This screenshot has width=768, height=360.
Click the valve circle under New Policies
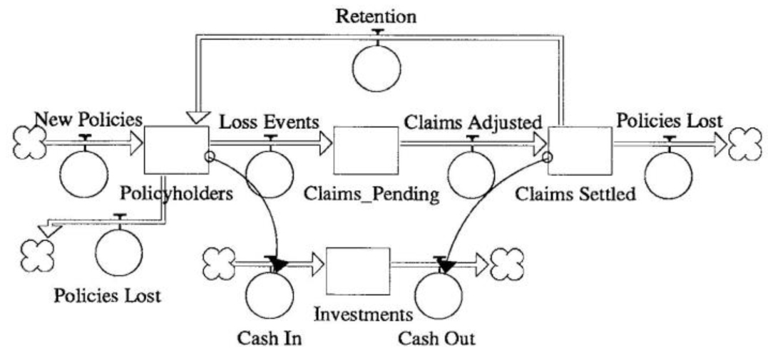83,173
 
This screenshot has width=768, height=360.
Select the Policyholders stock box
176,150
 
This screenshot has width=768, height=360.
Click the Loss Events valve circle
270,173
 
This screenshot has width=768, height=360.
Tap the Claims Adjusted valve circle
471,173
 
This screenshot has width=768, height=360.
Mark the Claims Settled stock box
580,150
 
